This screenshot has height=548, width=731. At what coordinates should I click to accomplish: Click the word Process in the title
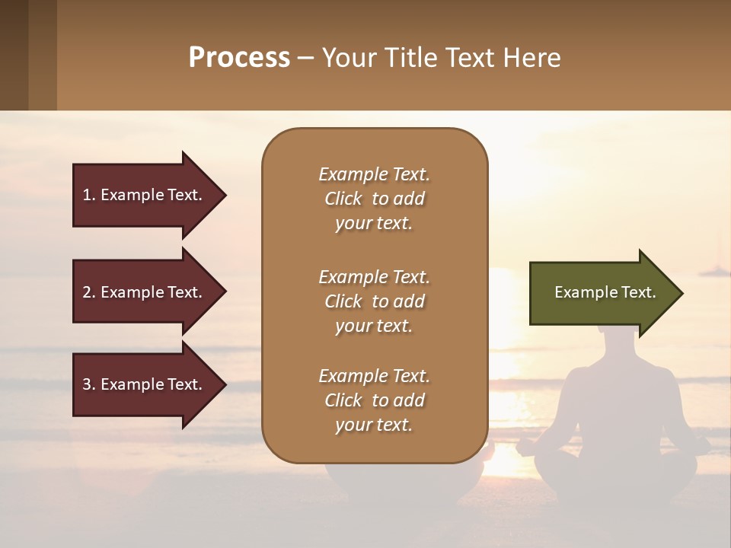239,58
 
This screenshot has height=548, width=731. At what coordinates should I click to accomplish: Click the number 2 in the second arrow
87,292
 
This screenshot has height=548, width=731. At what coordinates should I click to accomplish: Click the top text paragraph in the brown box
374,199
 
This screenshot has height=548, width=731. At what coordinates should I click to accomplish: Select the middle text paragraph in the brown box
374,301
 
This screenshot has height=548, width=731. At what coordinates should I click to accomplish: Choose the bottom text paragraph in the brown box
374,400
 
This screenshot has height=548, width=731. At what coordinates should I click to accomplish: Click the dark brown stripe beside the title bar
14,55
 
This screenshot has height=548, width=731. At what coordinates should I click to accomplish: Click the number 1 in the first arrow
87,195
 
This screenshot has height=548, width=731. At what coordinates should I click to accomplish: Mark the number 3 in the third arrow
87,384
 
